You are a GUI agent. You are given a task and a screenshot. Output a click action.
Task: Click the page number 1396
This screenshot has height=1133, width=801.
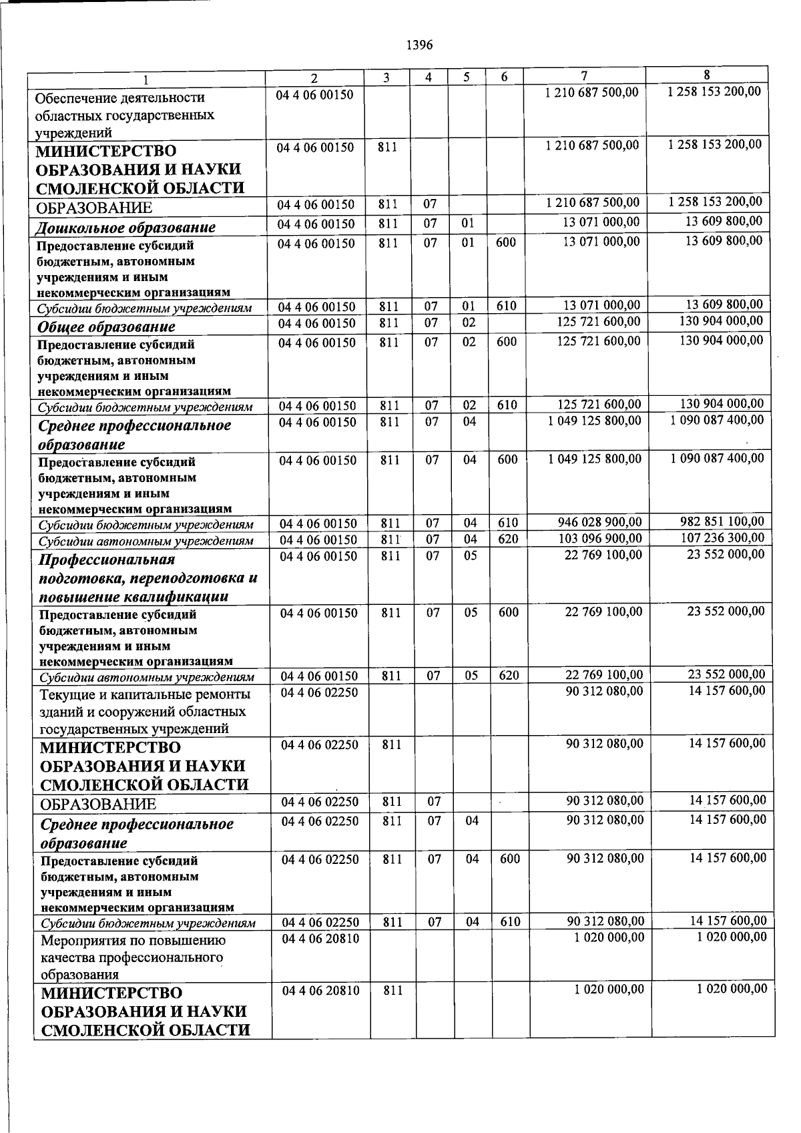tap(419, 45)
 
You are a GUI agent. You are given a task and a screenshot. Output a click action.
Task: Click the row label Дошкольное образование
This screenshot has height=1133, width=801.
tap(125, 228)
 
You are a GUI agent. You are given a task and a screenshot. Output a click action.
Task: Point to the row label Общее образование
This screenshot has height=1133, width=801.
tap(106, 326)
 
